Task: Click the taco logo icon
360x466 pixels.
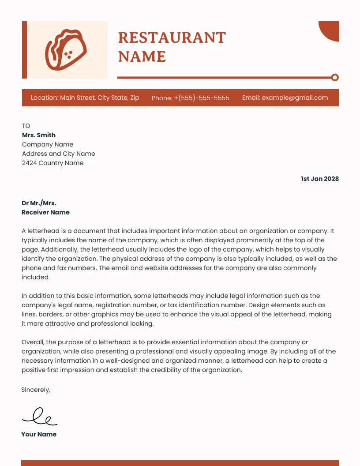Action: [x=66, y=49]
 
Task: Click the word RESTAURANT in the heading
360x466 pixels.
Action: [x=172, y=38]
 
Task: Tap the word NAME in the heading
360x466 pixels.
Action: [x=142, y=57]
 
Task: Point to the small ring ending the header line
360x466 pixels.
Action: [x=335, y=78]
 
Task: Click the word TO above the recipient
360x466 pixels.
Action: [x=26, y=126]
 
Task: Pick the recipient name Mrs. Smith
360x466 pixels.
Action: [x=39, y=135]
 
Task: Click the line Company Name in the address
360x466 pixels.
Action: [x=48, y=144]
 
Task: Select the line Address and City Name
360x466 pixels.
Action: [x=59, y=154]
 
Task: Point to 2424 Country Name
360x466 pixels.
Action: [x=52, y=163]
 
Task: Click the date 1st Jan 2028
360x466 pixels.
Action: [x=320, y=179]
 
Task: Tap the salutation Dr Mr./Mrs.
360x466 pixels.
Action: [x=39, y=203]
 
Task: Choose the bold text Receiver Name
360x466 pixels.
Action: [x=45, y=212]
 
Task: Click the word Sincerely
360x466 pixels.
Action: [x=36, y=390]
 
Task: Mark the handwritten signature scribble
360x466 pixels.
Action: [x=40, y=416]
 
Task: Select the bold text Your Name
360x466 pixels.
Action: [x=39, y=434]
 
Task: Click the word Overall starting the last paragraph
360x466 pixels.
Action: [x=33, y=342]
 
